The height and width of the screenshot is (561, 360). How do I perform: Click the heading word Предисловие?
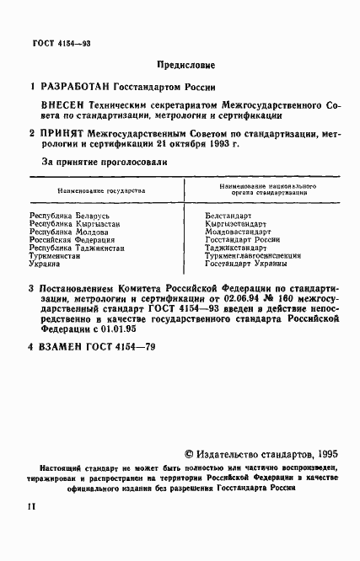click(186, 65)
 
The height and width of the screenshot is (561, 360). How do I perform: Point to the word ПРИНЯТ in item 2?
click(66, 133)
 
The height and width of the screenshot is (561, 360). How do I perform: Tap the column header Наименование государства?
click(100, 191)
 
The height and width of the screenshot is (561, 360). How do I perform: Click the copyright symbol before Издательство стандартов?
click(189, 452)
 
